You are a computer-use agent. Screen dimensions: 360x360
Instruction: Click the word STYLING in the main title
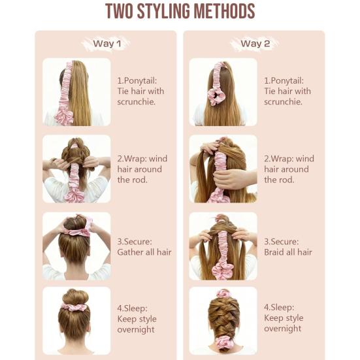[163, 11]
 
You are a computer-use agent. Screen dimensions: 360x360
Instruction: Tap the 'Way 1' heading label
[107, 44]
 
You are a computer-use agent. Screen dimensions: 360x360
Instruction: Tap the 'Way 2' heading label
[255, 43]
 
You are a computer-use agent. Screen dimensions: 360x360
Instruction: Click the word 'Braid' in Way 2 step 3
[274, 252]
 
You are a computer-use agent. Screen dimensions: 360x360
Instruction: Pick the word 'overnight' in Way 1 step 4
[136, 330]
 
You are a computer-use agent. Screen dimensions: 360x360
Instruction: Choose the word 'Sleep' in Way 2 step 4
[281, 307]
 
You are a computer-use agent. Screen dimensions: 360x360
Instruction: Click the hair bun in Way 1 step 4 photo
[75, 297]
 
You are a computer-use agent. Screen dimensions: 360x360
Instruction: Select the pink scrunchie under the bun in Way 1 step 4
[74, 306]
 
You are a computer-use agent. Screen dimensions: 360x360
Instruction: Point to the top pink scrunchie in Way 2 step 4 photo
[222, 293]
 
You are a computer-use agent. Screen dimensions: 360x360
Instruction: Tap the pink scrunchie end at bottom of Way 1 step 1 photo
[64, 117]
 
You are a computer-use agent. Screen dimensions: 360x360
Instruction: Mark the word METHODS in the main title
[224, 11]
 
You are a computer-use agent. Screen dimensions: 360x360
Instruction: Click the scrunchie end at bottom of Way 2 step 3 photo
[222, 271]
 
